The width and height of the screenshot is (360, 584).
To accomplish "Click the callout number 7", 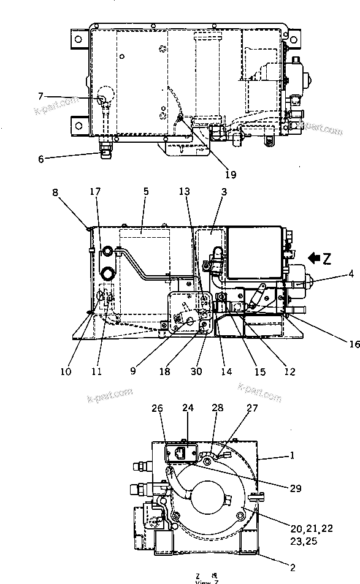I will point(40,96).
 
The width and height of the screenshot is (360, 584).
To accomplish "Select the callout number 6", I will point(40,159).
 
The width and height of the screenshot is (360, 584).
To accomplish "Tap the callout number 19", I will point(229,175).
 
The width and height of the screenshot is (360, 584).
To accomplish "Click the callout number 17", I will point(96,191).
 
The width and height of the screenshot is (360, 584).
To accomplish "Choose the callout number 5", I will point(145,191).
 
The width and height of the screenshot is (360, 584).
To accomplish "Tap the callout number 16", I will point(354,344).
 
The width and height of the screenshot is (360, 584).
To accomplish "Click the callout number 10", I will point(66,371).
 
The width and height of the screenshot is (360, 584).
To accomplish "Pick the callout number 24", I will point(187,407).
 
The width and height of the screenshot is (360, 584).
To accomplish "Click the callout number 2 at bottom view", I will point(293,567).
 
